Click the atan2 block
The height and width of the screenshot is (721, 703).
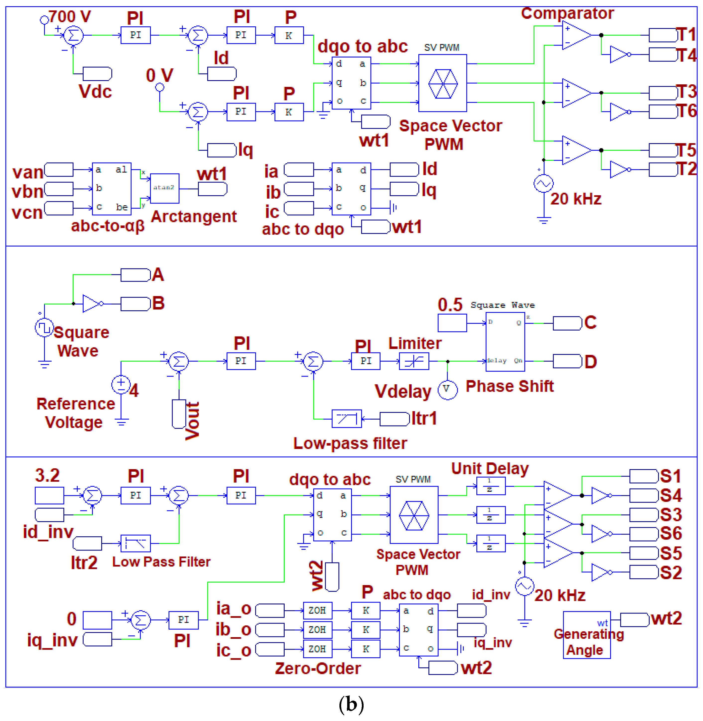click(164, 188)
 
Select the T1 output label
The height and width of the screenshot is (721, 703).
click(686, 35)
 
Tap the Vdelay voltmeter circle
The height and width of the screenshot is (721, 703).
click(447, 389)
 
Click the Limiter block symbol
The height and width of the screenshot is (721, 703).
click(414, 361)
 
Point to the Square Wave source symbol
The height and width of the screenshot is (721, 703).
click(44, 327)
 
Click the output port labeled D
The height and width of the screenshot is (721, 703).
click(567, 361)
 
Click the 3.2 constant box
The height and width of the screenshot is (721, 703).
click(49, 495)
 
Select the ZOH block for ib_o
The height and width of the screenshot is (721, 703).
click(317, 629)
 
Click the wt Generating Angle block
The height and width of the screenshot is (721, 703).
click(586, 635)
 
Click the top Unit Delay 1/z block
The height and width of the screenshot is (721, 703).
click(490, 486)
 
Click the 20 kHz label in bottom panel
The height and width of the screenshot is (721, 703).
click(560, 595)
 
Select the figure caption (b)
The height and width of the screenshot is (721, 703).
click(351, 704)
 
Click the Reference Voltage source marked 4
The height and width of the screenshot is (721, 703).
click(121, 385)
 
